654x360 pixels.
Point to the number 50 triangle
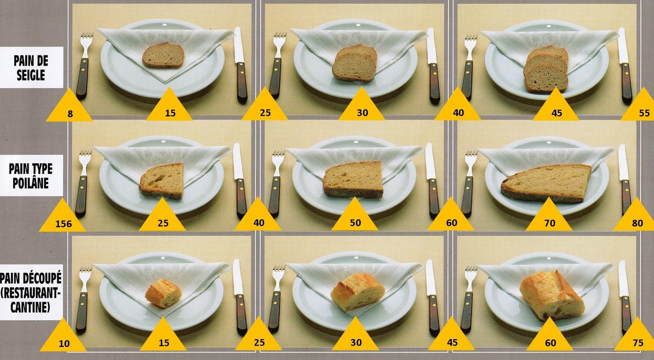point(355,217)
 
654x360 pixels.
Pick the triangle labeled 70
point(549,218)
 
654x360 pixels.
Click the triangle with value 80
point(636,218)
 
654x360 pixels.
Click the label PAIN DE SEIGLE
point(31,68)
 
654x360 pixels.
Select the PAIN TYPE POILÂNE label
point(31,176)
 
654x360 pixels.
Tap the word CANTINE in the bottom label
point(30,307)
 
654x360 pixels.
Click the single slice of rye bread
point(163,55)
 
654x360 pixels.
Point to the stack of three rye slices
point(546,69)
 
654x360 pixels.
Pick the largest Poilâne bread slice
point(546,183)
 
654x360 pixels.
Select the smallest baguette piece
point(163,293)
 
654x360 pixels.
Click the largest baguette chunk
point(552,295)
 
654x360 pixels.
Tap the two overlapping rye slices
point(355,63)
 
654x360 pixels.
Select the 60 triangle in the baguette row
point(550,338)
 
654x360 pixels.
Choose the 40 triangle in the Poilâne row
point(258,217)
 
